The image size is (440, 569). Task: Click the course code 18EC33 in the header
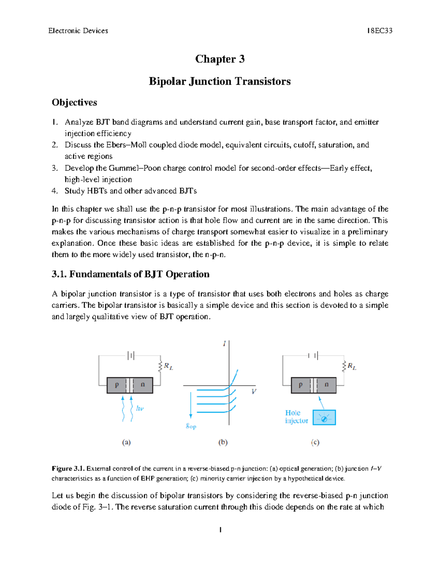(x=379, y=31)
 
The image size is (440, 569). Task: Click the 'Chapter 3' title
(x=220, y=59)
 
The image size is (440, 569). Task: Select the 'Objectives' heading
(x=74, y=102)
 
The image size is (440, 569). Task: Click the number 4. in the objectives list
(x=55, y=191)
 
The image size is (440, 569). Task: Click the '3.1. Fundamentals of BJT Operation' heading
(x=131, y=274)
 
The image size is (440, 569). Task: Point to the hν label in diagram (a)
(x=140, y=408)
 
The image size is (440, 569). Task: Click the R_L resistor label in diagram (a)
(x=168, y=366)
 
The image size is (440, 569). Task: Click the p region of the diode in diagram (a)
(x=117, y=385)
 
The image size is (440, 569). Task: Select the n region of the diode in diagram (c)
(x=326, y=385)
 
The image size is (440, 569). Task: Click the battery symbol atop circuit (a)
(x=131, y=355)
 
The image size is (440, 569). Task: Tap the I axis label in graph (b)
(x=224, y=344)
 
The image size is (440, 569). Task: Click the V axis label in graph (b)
(x=254, y=392)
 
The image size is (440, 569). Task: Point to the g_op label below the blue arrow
(x=191, y=426)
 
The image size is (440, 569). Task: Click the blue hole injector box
(x=324, y=417)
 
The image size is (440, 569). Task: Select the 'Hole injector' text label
(x=296, y=417)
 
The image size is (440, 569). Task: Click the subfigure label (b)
(x=223, y=442)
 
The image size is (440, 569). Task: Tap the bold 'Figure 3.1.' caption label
(x=68, y=469)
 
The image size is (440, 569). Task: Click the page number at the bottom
(x=220, y=529)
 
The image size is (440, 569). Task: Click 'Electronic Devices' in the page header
(x=78, y=31)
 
